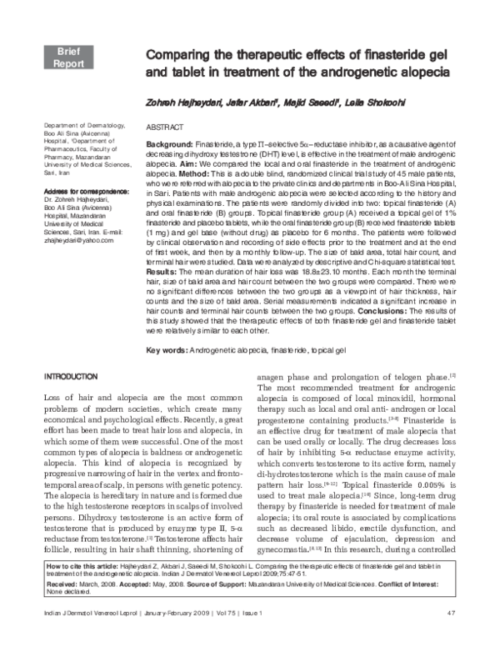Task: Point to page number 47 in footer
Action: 451,636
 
